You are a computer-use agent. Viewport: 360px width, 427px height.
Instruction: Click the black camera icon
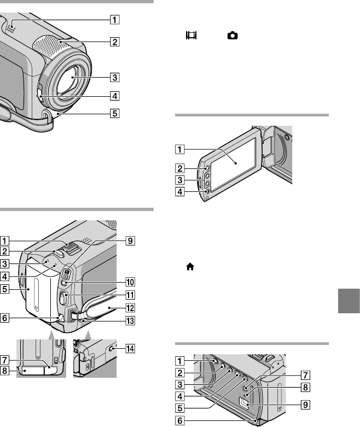pos(233,36)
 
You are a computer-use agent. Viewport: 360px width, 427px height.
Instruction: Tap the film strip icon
pos(191,35)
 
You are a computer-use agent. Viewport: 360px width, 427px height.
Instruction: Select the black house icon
pos(190,267)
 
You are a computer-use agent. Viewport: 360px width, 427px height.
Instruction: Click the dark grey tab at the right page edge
pos(349,301)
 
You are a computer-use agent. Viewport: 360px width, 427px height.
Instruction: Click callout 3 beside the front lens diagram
pos(115,77)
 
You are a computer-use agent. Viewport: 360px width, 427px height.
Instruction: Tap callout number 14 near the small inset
pos(130,349)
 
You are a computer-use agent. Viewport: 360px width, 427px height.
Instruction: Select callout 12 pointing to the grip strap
pos(130,308)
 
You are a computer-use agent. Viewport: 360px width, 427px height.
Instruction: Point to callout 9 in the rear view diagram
pos(130,241)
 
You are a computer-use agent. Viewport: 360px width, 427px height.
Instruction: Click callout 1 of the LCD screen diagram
pos(180,149)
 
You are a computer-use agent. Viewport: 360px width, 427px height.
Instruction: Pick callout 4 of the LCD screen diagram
pos(180,191)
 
